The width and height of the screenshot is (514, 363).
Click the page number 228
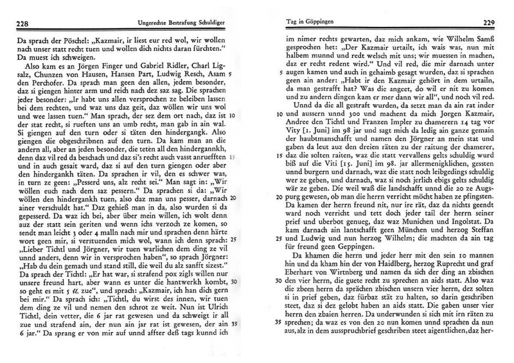point(14,25)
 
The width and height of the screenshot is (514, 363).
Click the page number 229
point(498,25)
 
